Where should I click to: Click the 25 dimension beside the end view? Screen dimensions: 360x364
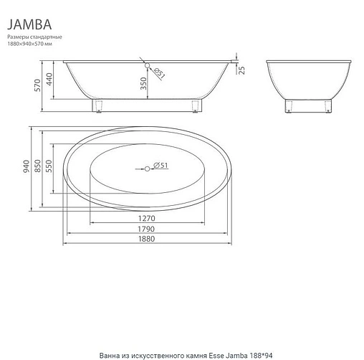(242, 70)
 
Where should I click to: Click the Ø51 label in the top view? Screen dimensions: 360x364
(161, 166)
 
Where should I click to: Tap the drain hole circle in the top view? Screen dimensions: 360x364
(148, 168)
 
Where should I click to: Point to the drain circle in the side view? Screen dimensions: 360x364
(148, 67)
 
